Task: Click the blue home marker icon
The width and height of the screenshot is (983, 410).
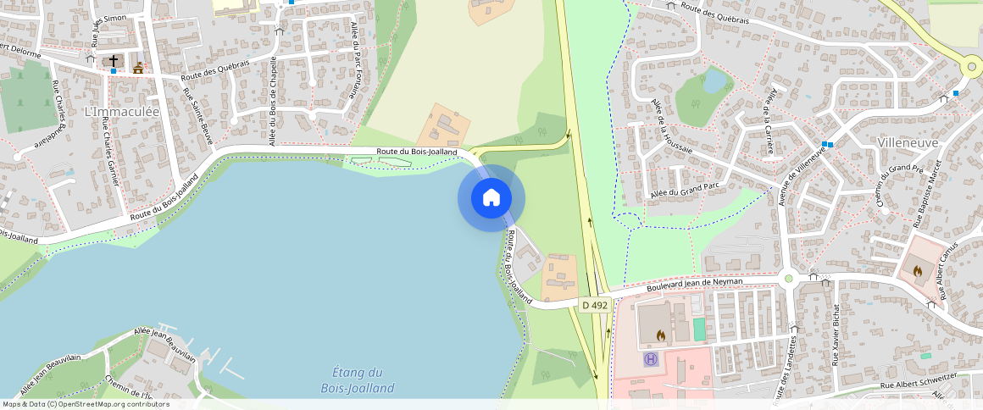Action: pyautogui.click(x=491, y=198)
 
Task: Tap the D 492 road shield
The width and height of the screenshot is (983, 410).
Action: pyautogui.click(x=595, y=305)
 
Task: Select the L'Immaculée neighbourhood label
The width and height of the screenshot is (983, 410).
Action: pyautogui.click(x=122, y=112)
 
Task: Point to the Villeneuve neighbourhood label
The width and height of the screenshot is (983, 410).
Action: pyautogui.click(x=908, y=143)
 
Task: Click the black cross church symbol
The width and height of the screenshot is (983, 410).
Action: pyautogui.click(x=114, y=61)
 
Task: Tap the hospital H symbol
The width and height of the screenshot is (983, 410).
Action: pyautogui.click(x=651, y=359)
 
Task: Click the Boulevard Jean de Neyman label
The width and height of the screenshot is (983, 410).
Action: pyautogui.click(x=695, y=285)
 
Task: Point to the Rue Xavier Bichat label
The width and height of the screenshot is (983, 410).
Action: pyautogui.click(x=836, y=334)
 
